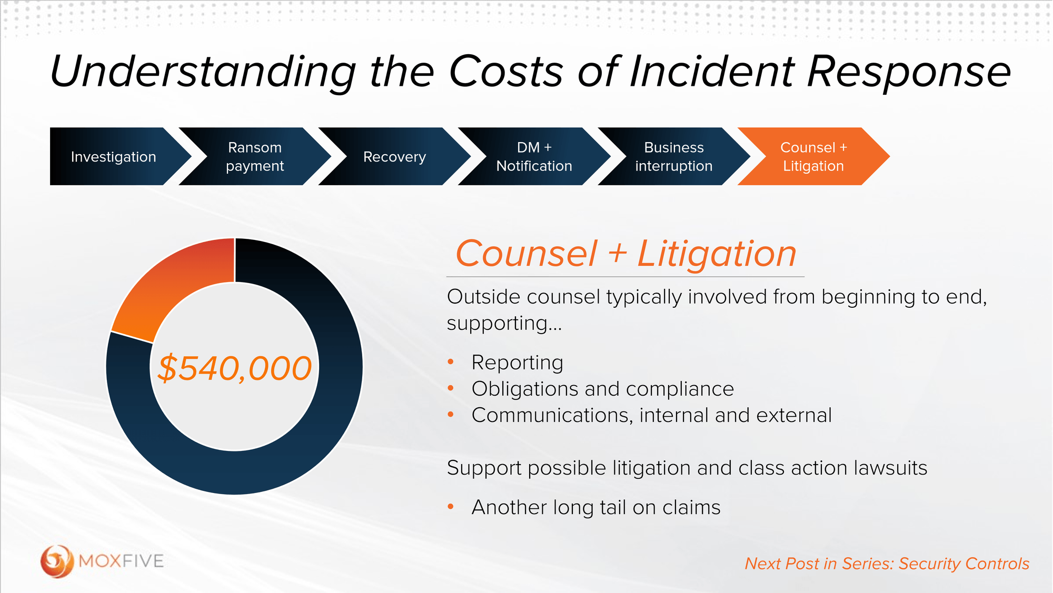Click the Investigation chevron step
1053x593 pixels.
(113, 157)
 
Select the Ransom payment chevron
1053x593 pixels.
(255, 157)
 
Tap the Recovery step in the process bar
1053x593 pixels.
(394, 157)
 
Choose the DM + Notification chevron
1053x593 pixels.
(534, 157)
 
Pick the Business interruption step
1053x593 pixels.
(673, 157)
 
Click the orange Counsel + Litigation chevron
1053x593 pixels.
(813, 157)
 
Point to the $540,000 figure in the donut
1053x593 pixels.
(235, 368)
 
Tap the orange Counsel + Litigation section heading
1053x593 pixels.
(625, 254)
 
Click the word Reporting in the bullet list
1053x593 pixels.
(517, 363)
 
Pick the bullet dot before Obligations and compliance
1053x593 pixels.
(451, 388)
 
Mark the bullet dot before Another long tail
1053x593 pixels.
(451, 507)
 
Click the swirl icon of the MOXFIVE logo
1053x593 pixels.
(56, 561)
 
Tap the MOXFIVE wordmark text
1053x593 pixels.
(121, 561)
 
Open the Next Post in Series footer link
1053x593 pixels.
(887, 564)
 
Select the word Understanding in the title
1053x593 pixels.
(203, 73)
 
